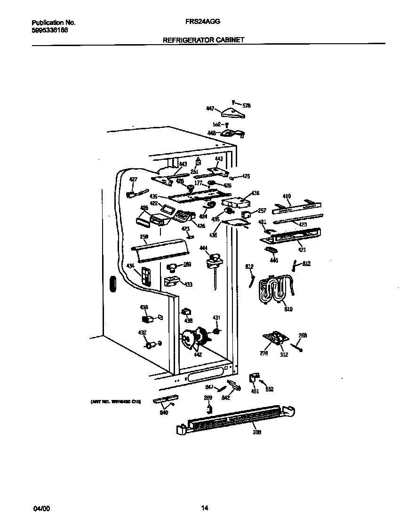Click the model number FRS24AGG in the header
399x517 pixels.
[x=203, y=22]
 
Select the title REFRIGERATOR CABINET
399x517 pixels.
[x=203, y=40]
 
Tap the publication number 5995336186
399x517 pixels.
[x=50, y=29]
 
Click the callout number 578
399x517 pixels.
[x=246, y=106]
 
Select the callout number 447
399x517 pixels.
[x=210, y=109]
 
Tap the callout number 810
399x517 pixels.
[x=288, y=310]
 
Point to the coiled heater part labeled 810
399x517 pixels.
[x=275, y=289]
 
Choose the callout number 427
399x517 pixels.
[x=133, y=180]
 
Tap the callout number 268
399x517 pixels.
[x=303, y=336]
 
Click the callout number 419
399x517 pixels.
[x=287, y=196]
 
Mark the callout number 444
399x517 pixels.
[x=203, y=248]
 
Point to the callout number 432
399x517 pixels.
[x=142, y=333]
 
